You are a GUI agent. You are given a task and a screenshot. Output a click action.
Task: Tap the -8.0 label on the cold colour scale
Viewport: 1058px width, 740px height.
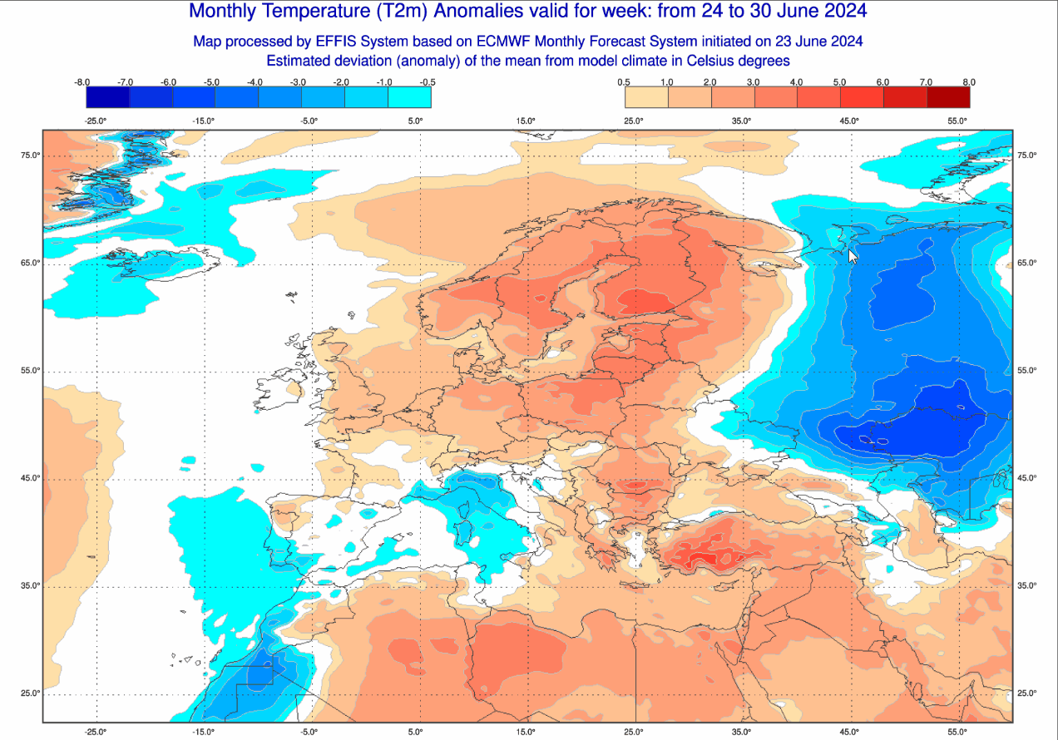82,82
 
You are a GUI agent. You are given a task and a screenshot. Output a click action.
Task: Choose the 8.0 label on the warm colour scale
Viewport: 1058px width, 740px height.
968,82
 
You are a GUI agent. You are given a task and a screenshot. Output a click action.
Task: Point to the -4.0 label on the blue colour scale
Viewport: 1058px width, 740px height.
255,82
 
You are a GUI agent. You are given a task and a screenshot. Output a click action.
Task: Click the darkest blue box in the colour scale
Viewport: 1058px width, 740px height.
108,97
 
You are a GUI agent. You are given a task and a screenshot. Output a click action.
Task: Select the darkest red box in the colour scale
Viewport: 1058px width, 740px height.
948,97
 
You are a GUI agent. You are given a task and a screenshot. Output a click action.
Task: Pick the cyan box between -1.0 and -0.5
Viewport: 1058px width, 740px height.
409,97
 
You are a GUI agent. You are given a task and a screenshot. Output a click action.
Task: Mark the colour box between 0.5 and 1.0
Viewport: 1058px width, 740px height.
646,97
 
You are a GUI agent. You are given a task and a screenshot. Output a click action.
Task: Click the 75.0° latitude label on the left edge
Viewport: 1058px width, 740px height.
31,155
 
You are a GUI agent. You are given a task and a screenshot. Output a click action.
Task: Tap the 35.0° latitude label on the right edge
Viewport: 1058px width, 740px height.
1026,586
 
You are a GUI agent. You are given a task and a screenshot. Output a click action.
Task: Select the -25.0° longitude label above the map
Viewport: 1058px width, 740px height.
96,121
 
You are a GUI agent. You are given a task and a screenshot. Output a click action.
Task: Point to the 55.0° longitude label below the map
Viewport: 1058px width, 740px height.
957,732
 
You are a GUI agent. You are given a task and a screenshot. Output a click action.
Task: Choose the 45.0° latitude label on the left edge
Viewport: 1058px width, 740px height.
31,478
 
